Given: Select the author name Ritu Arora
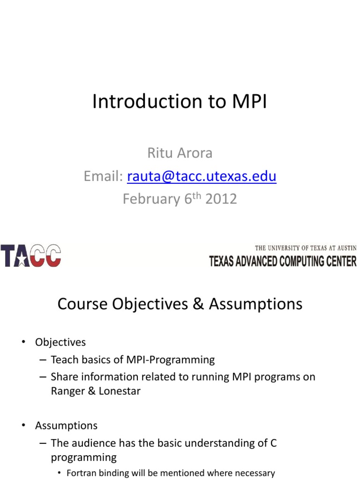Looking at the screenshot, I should (180, 153).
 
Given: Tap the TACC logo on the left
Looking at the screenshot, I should (31, 255).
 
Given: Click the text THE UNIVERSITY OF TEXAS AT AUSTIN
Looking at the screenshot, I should (305, 248).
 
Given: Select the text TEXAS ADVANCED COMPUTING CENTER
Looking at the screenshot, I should (283, 261).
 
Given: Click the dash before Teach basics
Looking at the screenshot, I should (43, 360).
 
